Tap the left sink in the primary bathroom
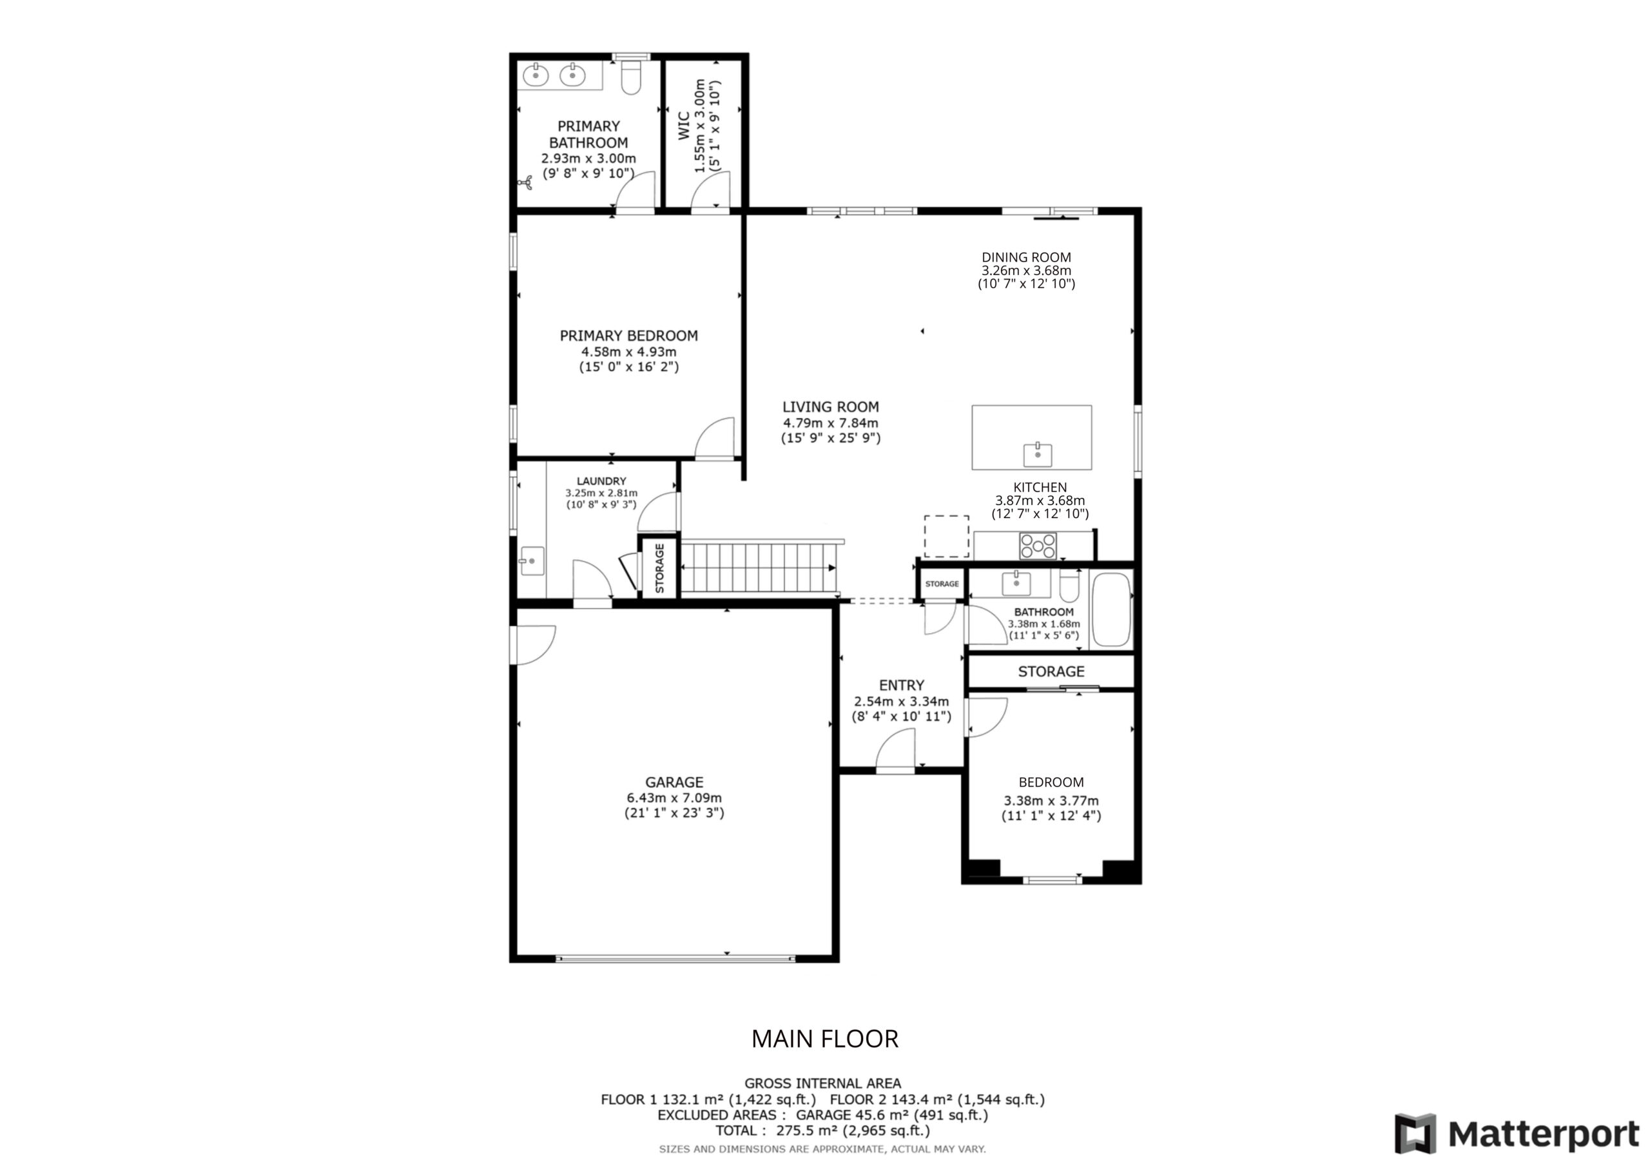pos(536,74)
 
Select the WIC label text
pos(683,126)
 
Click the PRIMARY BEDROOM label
pos(629,336)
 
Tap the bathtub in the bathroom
pos(1111,610)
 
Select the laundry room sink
pos(532,560)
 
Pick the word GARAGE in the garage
pos(674,781)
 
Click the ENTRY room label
pos(901,685)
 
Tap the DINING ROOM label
pos(1026,257)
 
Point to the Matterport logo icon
pos(1415,1134)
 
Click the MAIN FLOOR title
pos(825,1039)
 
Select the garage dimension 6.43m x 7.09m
pos(674,798)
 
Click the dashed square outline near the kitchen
pos(946,536)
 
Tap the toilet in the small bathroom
pos(1069,586)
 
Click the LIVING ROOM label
pos(831,406)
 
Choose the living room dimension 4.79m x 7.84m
pos(831,423)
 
